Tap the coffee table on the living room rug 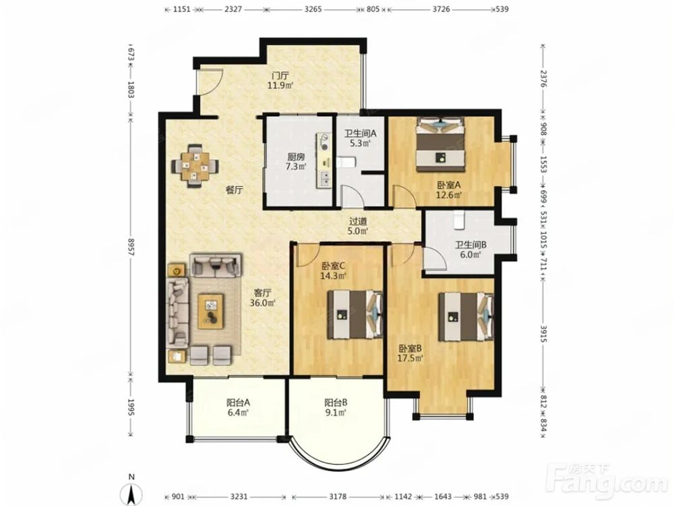pyautogui.click(x=210, y=311)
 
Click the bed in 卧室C pyautogui.click(x=355, y=314)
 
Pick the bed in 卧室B pyautogui.click(x=466, y=316)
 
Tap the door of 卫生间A pyautogui.click(x=351, y=196)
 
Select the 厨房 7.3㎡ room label pyautogui.click(x=296, y=162)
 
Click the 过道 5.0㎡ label pyautogui.click(x=358, y=226)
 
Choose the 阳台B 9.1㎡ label pyautogui.click(x=336, y=407)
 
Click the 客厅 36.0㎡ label pyautogui.click(x=262, y=298)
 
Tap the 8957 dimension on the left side pyautogui.click(x=131, y=248)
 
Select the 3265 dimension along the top pyautogui.click(x=313, y=9)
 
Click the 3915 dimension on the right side pyautogui.click(x=543, y=334)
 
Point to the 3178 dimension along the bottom pyautogui.click(x=338, y=497)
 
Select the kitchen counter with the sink pyautogui.click(x=325, y=161)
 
